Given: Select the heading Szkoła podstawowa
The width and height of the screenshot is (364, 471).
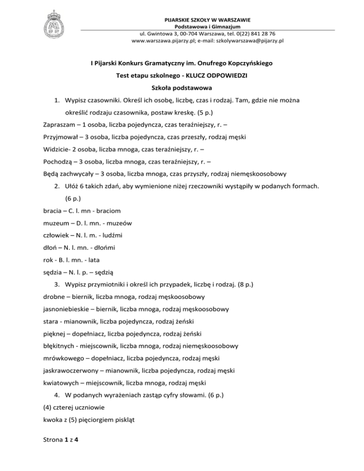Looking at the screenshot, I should (182, 88).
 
